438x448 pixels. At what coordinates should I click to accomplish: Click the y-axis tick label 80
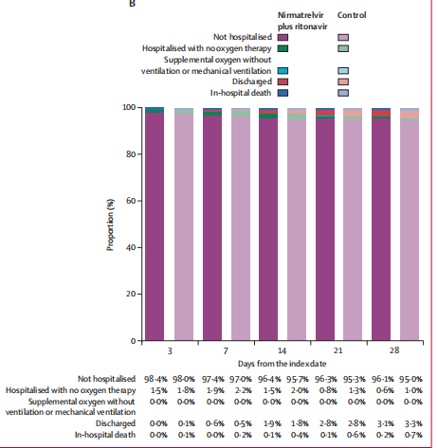pos(131,154)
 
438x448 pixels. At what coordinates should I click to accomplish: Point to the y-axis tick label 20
pos(131,294)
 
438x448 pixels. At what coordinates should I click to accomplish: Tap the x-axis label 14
pos(282,350)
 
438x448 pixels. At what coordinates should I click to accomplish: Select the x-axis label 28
pos(394,350)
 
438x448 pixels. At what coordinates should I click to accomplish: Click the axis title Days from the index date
pos(282,364)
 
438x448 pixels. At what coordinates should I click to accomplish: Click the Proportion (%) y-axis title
pos(110,224)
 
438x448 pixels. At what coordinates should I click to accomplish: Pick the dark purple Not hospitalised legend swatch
pos(283,38)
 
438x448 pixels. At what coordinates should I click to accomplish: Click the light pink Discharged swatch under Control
pos(343,81)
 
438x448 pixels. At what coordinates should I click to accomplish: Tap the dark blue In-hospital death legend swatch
pos(283,93)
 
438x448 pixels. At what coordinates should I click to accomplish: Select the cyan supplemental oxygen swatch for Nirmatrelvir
pos(283,71)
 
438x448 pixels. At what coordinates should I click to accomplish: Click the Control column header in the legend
pos(352,15)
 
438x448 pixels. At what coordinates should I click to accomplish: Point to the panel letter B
pos(132,4)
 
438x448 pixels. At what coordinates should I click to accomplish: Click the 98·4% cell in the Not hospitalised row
pos(155,379)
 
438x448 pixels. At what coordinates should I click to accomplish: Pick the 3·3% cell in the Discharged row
pos(413,423)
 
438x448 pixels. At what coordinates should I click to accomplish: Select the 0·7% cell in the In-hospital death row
pos(413,435)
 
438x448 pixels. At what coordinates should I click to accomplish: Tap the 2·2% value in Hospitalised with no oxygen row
pos(243,390)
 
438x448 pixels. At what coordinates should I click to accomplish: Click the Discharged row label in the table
pos(116,423)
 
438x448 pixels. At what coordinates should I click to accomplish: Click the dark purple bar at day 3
pos(155,226)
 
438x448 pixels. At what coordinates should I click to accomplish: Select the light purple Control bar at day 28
pos(410,230)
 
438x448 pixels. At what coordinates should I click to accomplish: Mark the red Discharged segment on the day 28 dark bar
pos(381,113)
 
